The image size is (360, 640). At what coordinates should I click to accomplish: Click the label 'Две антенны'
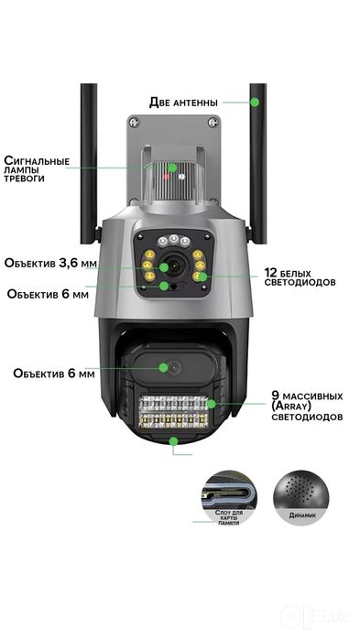click(x=183, y=102)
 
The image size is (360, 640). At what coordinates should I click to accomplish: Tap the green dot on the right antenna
click(x=255, y=102)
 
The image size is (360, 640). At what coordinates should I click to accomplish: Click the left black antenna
click(x=89, y=163)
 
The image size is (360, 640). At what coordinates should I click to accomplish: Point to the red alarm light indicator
click(x=166, y=177)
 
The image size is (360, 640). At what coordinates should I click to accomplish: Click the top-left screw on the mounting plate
click(x=136, y=122)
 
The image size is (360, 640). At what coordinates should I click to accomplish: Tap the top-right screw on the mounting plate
click(x=213, y=122)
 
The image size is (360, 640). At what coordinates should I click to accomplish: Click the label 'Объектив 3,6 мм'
click(x=51, y=263)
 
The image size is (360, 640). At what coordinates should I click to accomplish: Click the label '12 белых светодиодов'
click(x=300, y=277)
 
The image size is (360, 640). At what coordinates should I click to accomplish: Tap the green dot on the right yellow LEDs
click(x=202, y=277)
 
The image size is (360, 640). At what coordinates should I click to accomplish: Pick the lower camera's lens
click(x=175, y=368)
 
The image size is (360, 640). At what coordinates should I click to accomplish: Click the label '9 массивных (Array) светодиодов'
click(x=307, y=407)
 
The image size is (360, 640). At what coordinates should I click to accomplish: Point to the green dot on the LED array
click(x=211, y=404)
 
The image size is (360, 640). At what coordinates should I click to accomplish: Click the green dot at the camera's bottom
click(x=174, y=440)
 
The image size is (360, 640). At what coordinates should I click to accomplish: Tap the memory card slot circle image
click(x=229, y=498)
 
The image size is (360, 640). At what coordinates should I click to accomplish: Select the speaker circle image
click(x=301, y=498)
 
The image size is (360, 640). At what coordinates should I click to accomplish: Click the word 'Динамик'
click(x=302, y=515)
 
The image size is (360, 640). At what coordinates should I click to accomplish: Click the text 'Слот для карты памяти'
click(x=229, y=517)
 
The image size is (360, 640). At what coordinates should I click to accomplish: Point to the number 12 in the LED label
click(x=271, y=273)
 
